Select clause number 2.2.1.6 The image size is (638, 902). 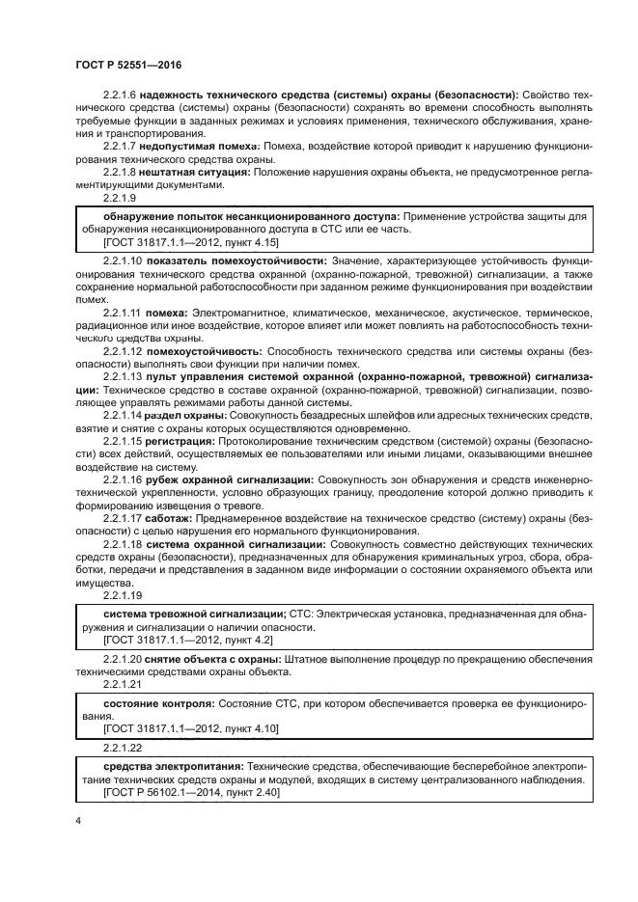[120, 94]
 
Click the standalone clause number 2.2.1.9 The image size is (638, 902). [120, 197]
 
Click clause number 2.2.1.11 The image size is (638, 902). [123, 313]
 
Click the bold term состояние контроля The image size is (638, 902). [158, 704]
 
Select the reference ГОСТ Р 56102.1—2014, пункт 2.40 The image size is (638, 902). [190, 791]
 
